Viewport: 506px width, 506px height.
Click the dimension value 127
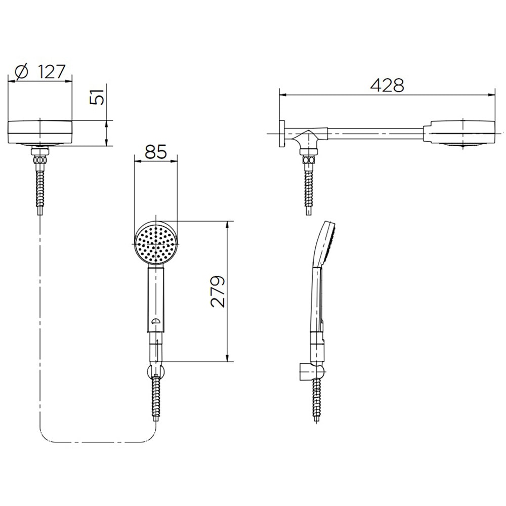(52, 71)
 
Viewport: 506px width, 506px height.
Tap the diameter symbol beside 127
(23, 72)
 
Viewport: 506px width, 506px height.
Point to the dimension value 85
(156, 152)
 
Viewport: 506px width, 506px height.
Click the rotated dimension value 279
(217, 291)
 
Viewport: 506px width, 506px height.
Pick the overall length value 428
(387, 85)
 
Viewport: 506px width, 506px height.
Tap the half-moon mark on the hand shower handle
(155, 321)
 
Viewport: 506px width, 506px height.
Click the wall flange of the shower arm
(283, 134)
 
